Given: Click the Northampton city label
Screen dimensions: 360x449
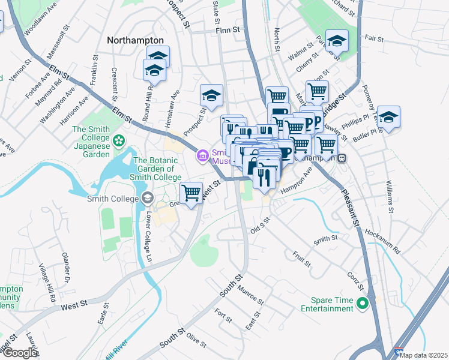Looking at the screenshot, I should (135, 40).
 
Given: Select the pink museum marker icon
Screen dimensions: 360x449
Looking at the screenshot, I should (201, 157).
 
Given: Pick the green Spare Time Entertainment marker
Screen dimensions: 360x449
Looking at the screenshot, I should (361, 304).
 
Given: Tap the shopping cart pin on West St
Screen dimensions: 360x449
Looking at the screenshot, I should (191, 193).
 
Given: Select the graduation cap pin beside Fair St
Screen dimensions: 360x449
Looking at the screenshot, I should (337, 41).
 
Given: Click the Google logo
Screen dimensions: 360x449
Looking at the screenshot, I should (19, 353).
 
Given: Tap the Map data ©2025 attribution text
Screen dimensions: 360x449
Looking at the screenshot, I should (423, 355).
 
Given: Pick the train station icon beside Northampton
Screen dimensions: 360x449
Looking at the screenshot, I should (342, 158).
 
